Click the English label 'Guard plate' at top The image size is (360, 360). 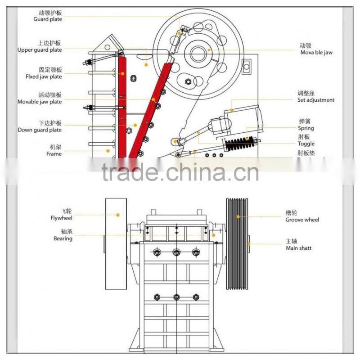tap(47, 19)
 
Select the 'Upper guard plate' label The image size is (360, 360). tap(40, 50)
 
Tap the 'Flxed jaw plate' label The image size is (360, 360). tap(44, 76)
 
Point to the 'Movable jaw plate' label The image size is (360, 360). tap(40, 102)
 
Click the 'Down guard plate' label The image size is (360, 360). tap(40, 130)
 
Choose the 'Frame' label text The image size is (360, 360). tap(54, 154)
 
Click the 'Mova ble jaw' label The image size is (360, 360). tap(317, 53)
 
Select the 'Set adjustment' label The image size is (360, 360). tap(316, 100)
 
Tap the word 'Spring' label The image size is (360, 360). tap(306, 128)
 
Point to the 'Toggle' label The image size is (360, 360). tap(306, 144)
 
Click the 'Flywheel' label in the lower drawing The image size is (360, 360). tap(61, 218)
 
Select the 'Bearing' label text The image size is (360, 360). tap(63, 238)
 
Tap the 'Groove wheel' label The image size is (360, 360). tap(302, 220)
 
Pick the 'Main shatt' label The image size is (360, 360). tap(298, 248)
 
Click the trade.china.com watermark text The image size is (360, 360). tap(180, 172)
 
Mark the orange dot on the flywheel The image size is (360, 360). tap(118, 215)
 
